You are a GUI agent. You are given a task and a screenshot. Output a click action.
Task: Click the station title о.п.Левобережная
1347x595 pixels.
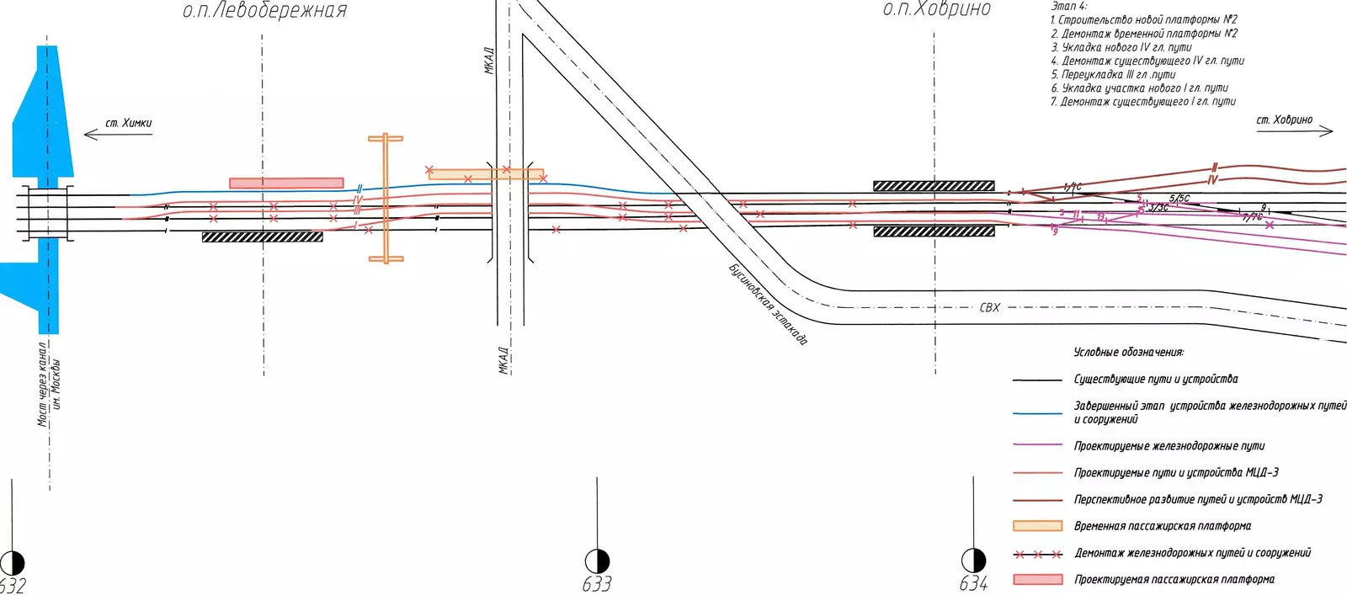(264, 11)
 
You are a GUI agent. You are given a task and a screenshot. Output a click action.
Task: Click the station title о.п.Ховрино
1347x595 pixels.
(936, 9)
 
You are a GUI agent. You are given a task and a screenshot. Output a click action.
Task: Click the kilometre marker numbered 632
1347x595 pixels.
(12, 563)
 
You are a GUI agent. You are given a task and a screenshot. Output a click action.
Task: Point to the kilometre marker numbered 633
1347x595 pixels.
(597, 561)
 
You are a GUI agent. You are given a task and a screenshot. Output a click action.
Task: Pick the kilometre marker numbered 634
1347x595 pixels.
(973, 560)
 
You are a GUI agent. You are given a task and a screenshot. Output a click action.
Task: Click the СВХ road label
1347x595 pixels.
(990, 308)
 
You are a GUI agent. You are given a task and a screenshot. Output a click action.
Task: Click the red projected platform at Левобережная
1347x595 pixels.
(286, 183)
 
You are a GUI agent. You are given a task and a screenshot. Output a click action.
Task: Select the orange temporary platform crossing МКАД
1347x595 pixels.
(485, 174)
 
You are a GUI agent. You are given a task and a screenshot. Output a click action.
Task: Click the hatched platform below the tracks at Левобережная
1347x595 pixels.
(262, 237)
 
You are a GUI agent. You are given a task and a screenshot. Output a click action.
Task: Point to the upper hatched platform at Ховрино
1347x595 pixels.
(934, 186)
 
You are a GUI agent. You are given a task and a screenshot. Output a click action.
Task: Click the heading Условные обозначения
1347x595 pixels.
(1128, 352)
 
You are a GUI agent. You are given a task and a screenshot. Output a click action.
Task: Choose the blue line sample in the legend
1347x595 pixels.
(1037, 413)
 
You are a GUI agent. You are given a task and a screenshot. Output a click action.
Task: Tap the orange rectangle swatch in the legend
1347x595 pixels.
(1037, 526)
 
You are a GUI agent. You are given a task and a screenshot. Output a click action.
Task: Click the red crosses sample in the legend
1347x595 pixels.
(1037, 555)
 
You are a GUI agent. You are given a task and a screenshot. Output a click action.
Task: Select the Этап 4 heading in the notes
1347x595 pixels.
(1069, 6)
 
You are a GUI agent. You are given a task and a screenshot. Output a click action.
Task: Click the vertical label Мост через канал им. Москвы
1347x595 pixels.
(49, 384)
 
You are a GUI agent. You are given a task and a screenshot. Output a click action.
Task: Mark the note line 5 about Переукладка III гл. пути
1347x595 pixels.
(1112, 74)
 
